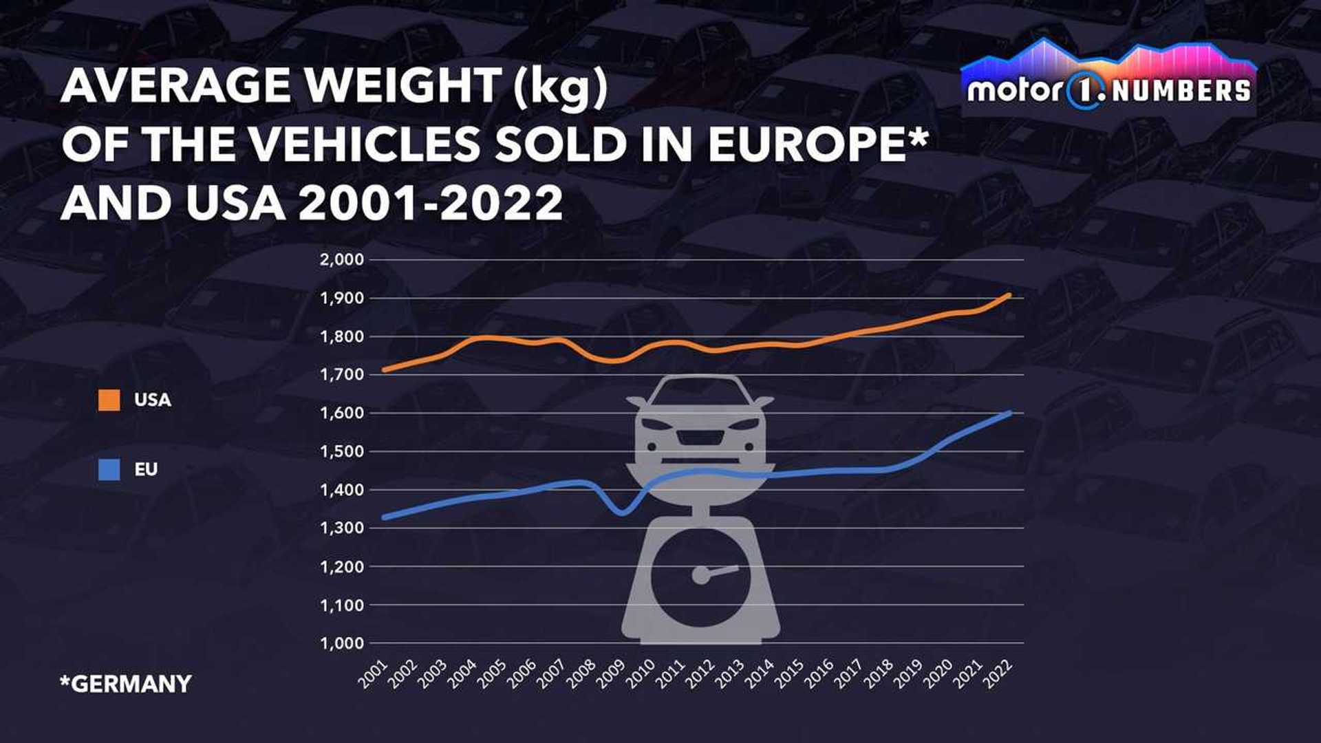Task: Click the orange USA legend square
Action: (109, 400)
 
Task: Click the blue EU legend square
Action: (109, 470)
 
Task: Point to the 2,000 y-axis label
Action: (341, 260)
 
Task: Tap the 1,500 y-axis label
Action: (341, 452)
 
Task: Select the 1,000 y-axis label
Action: (341, 643)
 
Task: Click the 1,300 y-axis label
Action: (341, 528)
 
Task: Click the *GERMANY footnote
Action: (126, 684)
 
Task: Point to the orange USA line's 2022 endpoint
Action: (1009, 295)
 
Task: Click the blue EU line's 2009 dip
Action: (622, 513)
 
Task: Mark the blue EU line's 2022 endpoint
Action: (1009, 413)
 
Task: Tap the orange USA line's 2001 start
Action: (384, 369)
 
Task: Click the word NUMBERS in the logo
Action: (1181, 91)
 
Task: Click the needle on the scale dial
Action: (719, 571)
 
